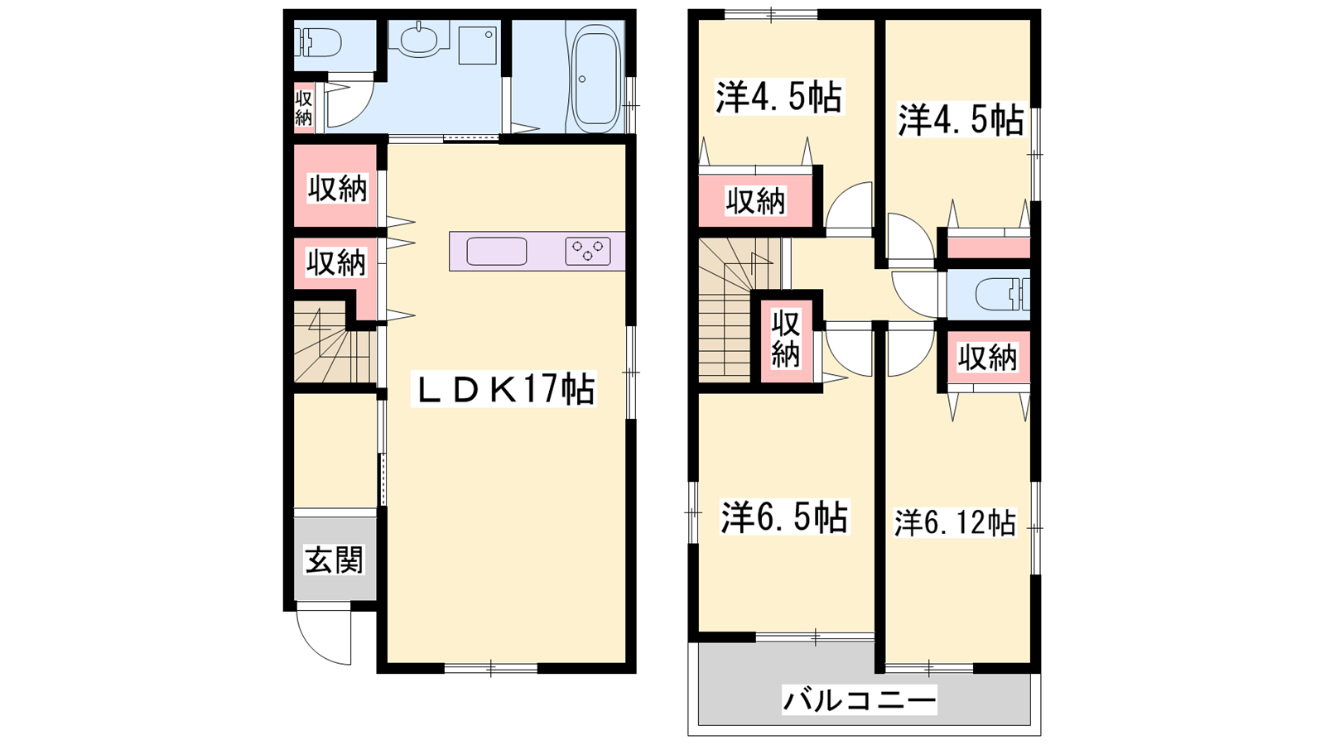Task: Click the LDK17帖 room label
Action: (x=504, y=388)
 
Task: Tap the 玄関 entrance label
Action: (x=335, y=560)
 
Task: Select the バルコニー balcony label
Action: (x=860, y=701)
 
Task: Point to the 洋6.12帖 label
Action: (x=956, y=522)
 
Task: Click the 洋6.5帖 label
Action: (x=784, y=517)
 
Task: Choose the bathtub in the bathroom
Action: (x=596, y=77)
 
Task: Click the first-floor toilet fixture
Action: (x=320, y=42)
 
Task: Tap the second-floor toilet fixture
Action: (x=1002, y=294)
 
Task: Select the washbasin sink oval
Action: (x=419, y=41)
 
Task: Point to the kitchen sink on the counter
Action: (x=497, y=252)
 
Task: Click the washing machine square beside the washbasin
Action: (x=477, y=45)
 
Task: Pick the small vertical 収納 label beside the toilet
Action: (x=303, y=108)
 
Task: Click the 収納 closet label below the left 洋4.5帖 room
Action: (x=756, y=201)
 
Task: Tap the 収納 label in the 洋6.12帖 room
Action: (x=987, y=358)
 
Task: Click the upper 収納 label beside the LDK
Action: (x=337, y=189)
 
